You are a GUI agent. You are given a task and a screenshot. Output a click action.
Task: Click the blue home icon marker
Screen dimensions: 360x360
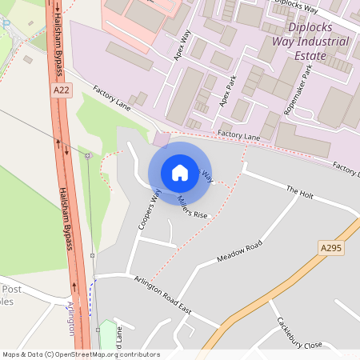coord(180,172)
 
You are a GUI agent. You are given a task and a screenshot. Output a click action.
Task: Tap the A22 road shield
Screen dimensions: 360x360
coord(61,91)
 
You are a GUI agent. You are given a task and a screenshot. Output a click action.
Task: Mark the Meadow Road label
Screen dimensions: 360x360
coord(239,250)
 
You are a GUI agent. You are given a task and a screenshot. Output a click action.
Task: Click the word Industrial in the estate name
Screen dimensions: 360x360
coord(316,42)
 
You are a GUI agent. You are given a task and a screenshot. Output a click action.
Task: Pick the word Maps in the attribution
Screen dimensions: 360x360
coord(11,354)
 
